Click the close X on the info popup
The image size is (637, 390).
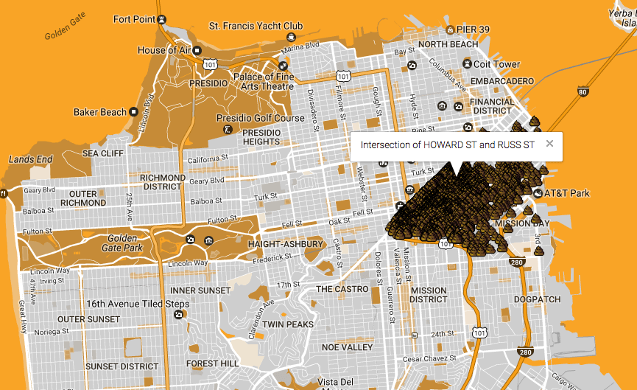[549, 144]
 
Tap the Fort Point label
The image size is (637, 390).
[133, 18]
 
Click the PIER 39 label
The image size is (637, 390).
[473, 29]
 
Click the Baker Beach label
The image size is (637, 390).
[100, 112]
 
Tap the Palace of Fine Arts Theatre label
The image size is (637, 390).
[264, 81]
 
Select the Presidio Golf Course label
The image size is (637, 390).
[260, 118]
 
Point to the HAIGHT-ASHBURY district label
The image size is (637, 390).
[286, 244]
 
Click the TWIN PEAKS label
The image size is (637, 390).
[288, 324]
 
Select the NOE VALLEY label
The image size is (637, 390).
[348, 347]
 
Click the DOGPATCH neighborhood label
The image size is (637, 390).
[537, 300]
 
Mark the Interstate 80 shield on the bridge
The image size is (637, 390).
[583, 92]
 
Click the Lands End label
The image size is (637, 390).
[30, 159]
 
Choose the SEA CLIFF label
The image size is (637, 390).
[102, 153]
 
